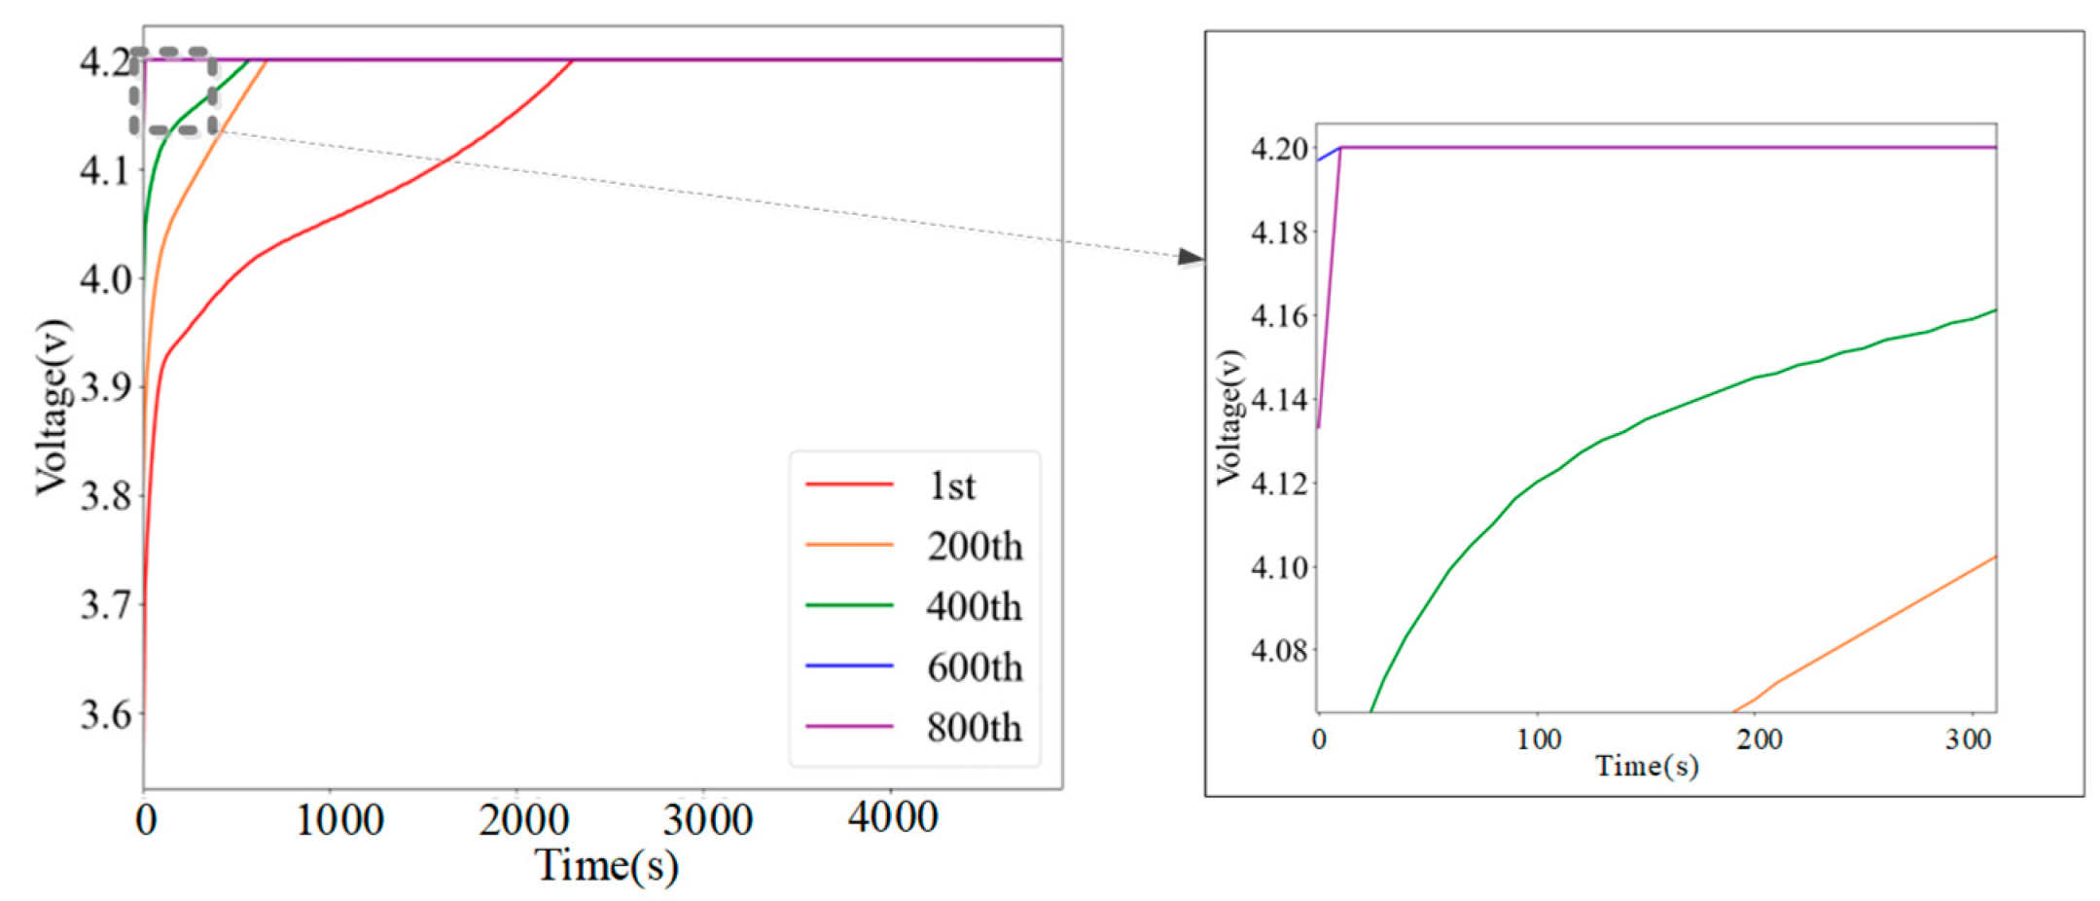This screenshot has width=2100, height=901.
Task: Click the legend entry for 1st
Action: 951,486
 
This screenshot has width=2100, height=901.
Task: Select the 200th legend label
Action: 974,546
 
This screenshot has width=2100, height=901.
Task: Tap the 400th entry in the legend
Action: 974,606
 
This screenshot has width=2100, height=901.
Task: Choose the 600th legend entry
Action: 974,667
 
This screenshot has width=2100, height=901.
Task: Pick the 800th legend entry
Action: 974,728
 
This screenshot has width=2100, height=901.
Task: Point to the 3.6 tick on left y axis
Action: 104,713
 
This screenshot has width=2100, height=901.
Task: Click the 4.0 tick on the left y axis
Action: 104,279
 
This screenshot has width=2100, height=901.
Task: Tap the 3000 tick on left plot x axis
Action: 707,819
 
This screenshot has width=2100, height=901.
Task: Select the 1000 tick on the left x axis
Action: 339,819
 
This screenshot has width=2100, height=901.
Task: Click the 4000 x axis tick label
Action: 892,817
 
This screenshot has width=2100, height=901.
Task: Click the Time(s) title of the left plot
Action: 607,864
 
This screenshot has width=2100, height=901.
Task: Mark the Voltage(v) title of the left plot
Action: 53,407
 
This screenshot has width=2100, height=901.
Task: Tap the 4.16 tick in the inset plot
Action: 1278,316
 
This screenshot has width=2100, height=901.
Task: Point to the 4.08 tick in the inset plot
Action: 1278,650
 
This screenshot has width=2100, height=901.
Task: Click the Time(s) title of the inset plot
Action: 1647,767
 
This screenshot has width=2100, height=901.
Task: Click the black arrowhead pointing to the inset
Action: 1190,257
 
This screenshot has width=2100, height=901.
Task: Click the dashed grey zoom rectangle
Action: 174,50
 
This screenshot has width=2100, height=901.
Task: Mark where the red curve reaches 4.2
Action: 572,60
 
